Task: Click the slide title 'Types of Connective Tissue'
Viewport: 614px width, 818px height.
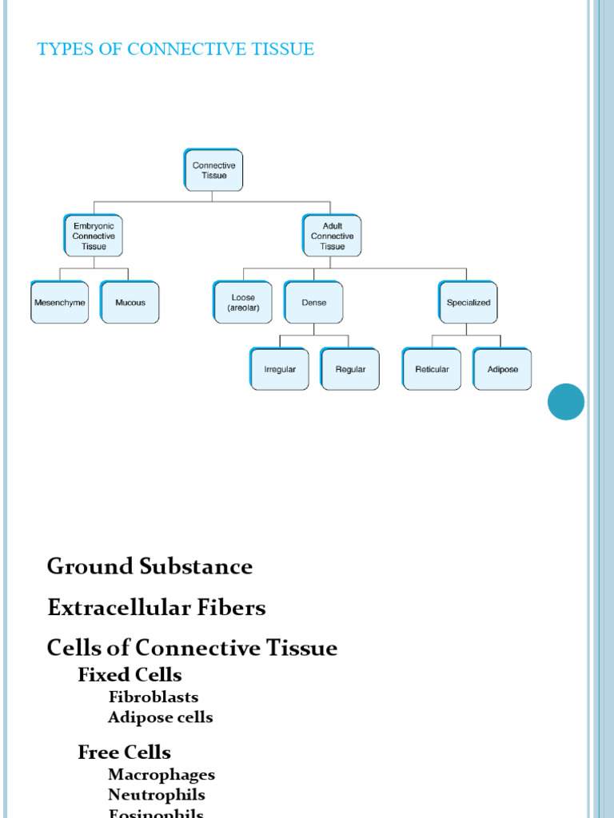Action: tap(176, 50)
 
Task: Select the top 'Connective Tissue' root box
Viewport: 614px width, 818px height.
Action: tap(213, 170)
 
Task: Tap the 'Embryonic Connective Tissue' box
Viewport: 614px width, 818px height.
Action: tap(94, 236)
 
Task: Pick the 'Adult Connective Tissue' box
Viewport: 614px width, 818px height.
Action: tap(332, 236)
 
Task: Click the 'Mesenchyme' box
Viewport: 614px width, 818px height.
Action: tap(60, 303)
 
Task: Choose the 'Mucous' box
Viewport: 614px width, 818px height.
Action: tap(130, 303)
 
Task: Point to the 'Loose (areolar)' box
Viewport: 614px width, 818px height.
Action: tap(243, 303)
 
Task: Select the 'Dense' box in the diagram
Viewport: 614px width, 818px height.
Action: tap(313, 303)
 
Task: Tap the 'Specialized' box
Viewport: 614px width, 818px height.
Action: tap(468, 303)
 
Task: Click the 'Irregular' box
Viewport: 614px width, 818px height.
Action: tap(280, 369)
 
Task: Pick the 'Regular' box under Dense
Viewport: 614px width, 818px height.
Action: tap(350, 369)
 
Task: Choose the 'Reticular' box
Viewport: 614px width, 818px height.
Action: tap(432, 369)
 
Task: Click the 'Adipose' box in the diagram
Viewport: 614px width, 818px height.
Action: tap(502, 369)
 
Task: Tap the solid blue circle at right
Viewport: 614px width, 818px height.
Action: tap(566, 402)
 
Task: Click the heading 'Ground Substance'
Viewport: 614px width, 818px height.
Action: tap(150, 567)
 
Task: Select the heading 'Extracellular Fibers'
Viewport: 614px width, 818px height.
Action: tap(156, 608)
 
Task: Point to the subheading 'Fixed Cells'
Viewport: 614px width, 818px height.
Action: tap(130, 675)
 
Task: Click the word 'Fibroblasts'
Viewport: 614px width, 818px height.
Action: tap(153, 697)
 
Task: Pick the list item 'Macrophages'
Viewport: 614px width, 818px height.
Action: tap(161, 775)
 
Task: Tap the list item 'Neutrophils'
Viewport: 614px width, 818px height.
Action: tap(157, 795)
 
